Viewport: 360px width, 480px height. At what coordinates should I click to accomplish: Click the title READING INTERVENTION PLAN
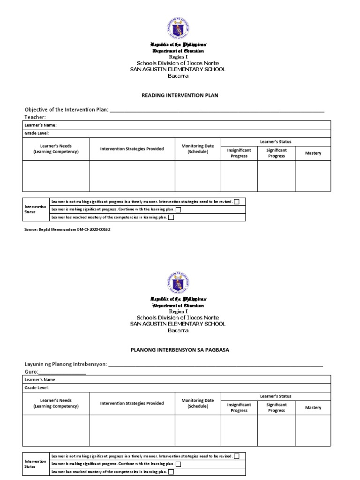pyautogui.click(x=180, y=95)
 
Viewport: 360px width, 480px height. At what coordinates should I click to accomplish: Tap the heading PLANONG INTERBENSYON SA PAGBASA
pyautogui.click(x=180, y=350)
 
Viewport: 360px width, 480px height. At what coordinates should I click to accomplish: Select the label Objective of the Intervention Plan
pyautogui.click(x=66, y=110)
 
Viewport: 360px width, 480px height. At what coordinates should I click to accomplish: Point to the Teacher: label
pyautogui.click(x=35, y=117)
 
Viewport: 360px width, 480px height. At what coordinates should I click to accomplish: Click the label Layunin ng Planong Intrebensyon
pyautogui.click(x=66, y=364)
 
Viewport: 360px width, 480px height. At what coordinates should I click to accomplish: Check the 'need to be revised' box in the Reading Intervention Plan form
pyautogui.click(x=236, y=202)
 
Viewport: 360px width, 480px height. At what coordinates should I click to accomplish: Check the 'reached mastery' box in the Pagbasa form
pyautogui.click(x=171, y=472)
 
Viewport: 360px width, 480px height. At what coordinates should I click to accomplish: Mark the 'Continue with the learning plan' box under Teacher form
pyautogui.click(x=178, y=210)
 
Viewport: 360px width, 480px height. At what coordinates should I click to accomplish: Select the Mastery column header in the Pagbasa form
pyautogui.click(x=313, y=408)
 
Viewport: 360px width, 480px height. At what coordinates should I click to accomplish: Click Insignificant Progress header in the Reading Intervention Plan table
pyautogui.click(x=239, y=153)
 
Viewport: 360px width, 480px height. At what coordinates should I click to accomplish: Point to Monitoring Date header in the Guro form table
pyautogui.click(x=198, y=404)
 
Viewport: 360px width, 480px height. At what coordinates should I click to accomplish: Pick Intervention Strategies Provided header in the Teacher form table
pyautogui.click(x=132, y=149)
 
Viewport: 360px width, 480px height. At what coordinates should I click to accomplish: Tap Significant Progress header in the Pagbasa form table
pyautogui.click(x=277, y=408)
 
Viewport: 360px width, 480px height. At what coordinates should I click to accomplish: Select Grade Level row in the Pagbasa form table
pyautogui.click(x=37, y=388)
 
